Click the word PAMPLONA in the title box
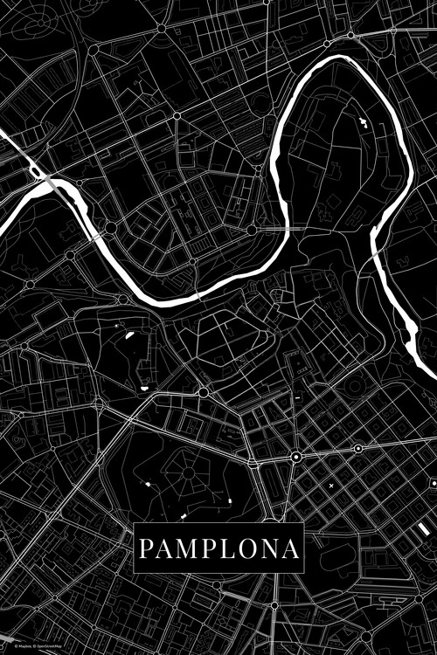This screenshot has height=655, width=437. point(218,549)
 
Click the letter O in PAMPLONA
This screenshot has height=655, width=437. point(247,549)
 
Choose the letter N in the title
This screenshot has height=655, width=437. point(269,549)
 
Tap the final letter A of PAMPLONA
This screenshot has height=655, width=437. point(290,549)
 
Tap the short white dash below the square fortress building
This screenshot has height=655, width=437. point(297,397)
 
